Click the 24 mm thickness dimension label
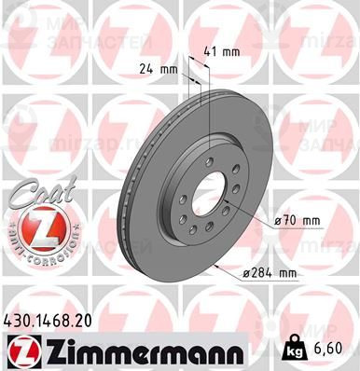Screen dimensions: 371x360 [156, 69]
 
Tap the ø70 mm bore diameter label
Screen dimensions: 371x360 [298, 220]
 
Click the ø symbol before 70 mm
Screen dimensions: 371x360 [278, 220]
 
